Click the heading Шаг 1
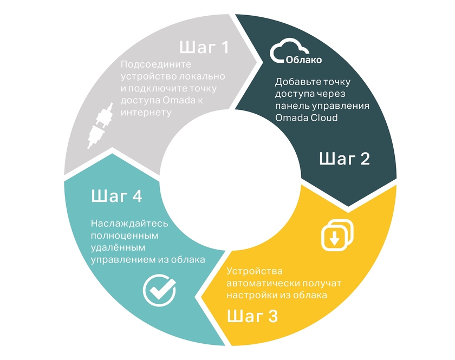pyautogui.click(x=204, y=48)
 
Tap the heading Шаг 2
pyautogui.click(x=344, y=159)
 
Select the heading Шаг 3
pyautogui.click(x=252, y=316)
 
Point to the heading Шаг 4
pyautogui.click(x=116, y=196)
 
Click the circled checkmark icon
pyautogui.click(x=159, y=290)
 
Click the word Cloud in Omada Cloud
pyautogui.click(x=323, y=117)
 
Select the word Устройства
pyautogui.click(x=254, y=271)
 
